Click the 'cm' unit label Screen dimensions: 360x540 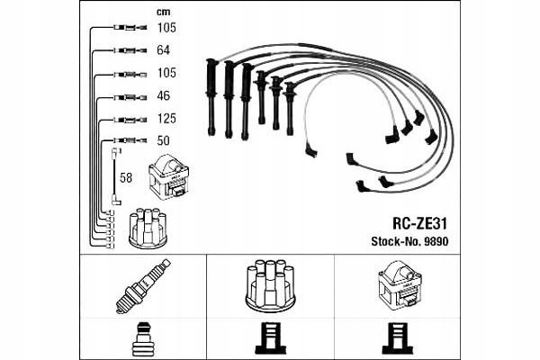coord(163,13)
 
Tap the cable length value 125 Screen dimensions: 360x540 coord(166,119)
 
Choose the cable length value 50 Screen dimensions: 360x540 coord(164,141)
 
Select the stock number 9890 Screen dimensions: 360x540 coord(436,240)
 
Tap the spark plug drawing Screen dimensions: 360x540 coord(143,285)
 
